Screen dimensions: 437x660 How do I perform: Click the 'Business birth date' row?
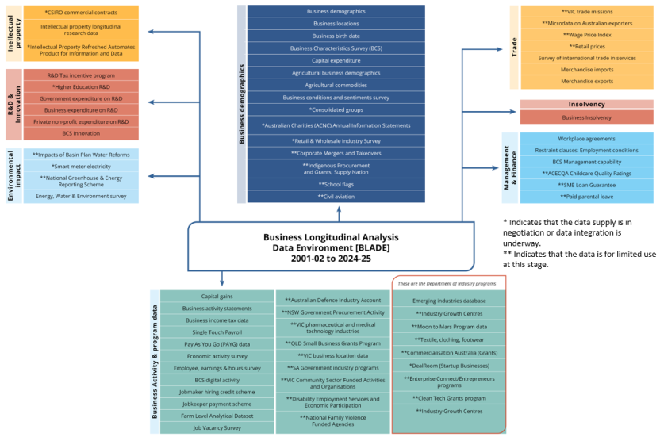(336, 36)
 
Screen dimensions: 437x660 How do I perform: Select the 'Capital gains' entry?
(216, 296)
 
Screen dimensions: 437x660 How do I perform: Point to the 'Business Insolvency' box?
(586, 117)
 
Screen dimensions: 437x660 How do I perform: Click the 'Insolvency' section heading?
(586, 104)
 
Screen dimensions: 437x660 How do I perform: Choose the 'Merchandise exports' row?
(586, 81)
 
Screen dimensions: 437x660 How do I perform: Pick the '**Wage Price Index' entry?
(586, 35)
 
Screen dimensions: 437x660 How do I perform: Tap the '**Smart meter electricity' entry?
(81, 167)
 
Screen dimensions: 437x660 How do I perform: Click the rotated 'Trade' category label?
(512, 48)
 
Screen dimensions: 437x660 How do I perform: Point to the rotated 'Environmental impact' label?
(13, 175)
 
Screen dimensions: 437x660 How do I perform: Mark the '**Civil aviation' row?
(336, 196)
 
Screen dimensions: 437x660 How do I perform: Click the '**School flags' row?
(336, 184)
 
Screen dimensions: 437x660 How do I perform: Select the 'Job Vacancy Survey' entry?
(216, 427)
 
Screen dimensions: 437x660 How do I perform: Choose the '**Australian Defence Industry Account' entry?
(332, 300)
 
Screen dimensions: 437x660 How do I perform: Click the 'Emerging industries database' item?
(449, 301)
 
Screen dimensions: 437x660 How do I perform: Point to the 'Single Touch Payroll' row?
(216, 332)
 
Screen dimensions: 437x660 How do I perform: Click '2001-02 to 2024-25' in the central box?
(331, 259)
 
